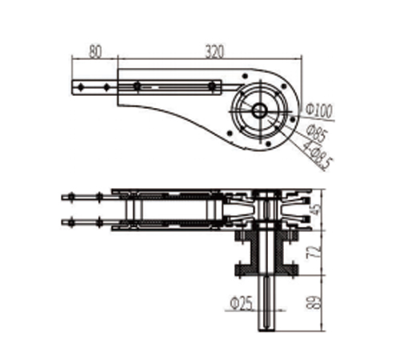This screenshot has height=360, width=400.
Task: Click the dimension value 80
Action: click(95, 52)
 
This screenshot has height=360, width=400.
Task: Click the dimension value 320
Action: click(214, 52)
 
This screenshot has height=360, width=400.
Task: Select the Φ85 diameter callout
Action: click(317, 134)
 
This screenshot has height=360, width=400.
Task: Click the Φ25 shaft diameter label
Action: click(241, 304)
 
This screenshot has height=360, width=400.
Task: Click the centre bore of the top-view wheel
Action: click(259, 110)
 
